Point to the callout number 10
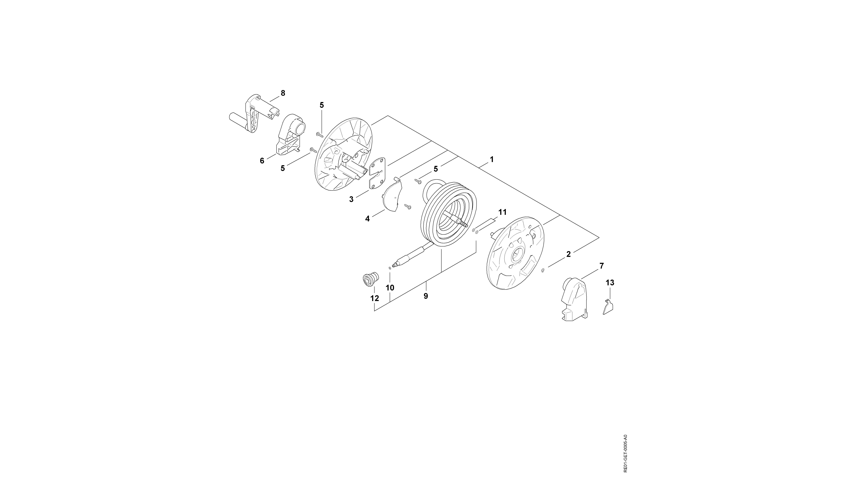(390, 288)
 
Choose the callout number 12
(375, 298)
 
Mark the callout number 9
(426, 296)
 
